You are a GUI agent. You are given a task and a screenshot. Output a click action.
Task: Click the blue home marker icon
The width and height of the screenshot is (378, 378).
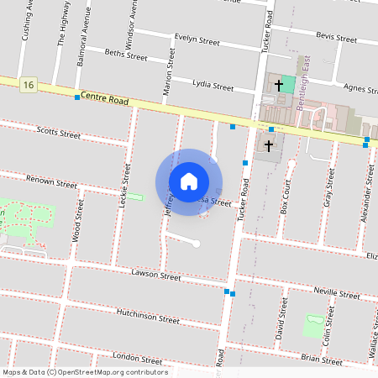[x=189, y=181]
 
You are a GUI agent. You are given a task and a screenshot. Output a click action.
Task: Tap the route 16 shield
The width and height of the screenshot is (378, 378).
[x=29, y=85]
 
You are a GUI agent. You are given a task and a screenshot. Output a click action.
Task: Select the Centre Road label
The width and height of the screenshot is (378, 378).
[x=105, y=100]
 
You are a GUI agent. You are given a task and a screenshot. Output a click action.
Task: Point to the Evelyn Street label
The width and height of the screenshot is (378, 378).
[x=197, y=39]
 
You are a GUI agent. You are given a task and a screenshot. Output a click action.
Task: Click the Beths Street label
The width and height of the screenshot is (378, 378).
[x=126, y=56]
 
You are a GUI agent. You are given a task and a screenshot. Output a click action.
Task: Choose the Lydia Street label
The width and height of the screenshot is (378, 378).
[x=213, y=86]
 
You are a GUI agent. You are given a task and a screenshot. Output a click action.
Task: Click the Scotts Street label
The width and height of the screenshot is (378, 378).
[x=59, y=133]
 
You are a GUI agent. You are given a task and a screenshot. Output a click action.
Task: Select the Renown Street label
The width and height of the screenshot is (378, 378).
[x=52, y=181]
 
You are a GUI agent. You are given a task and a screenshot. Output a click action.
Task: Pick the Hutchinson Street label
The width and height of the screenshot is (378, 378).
[x=148, y=316]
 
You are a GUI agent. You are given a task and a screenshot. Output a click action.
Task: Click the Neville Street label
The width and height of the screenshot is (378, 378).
[x=336, y=294]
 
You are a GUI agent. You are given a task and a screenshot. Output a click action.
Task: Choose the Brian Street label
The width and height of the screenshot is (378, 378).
[x=322, y=358]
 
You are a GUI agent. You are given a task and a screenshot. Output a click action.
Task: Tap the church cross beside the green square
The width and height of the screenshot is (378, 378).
[x=279, y=86]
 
